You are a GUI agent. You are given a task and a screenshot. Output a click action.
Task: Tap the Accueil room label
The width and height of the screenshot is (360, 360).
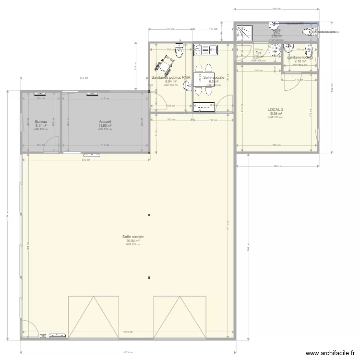point(105,122)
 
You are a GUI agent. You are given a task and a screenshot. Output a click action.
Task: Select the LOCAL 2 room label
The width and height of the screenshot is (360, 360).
point(276,110)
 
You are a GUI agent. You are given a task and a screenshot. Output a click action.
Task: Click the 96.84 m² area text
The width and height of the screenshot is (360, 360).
point(133,241)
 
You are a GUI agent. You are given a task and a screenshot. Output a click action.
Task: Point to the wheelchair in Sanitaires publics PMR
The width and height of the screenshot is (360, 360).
point(166,62)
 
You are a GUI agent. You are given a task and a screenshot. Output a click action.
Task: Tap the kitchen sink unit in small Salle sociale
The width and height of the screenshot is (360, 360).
point(205,48)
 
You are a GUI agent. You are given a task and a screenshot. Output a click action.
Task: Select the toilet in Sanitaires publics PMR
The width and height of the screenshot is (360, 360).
point(179,52)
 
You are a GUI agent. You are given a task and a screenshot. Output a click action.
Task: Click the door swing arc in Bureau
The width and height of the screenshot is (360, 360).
point(50,146)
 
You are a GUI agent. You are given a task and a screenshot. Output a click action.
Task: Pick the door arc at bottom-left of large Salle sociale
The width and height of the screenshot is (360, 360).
point(30,330)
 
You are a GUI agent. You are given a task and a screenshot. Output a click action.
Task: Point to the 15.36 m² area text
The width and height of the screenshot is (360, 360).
point(276,114)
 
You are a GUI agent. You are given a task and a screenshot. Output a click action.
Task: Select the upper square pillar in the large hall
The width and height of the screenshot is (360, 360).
point(150,215)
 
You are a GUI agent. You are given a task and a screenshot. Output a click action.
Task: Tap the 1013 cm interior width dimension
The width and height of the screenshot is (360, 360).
point(127,332)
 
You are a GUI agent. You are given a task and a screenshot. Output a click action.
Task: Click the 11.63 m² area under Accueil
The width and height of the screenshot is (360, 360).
point(105,126)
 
